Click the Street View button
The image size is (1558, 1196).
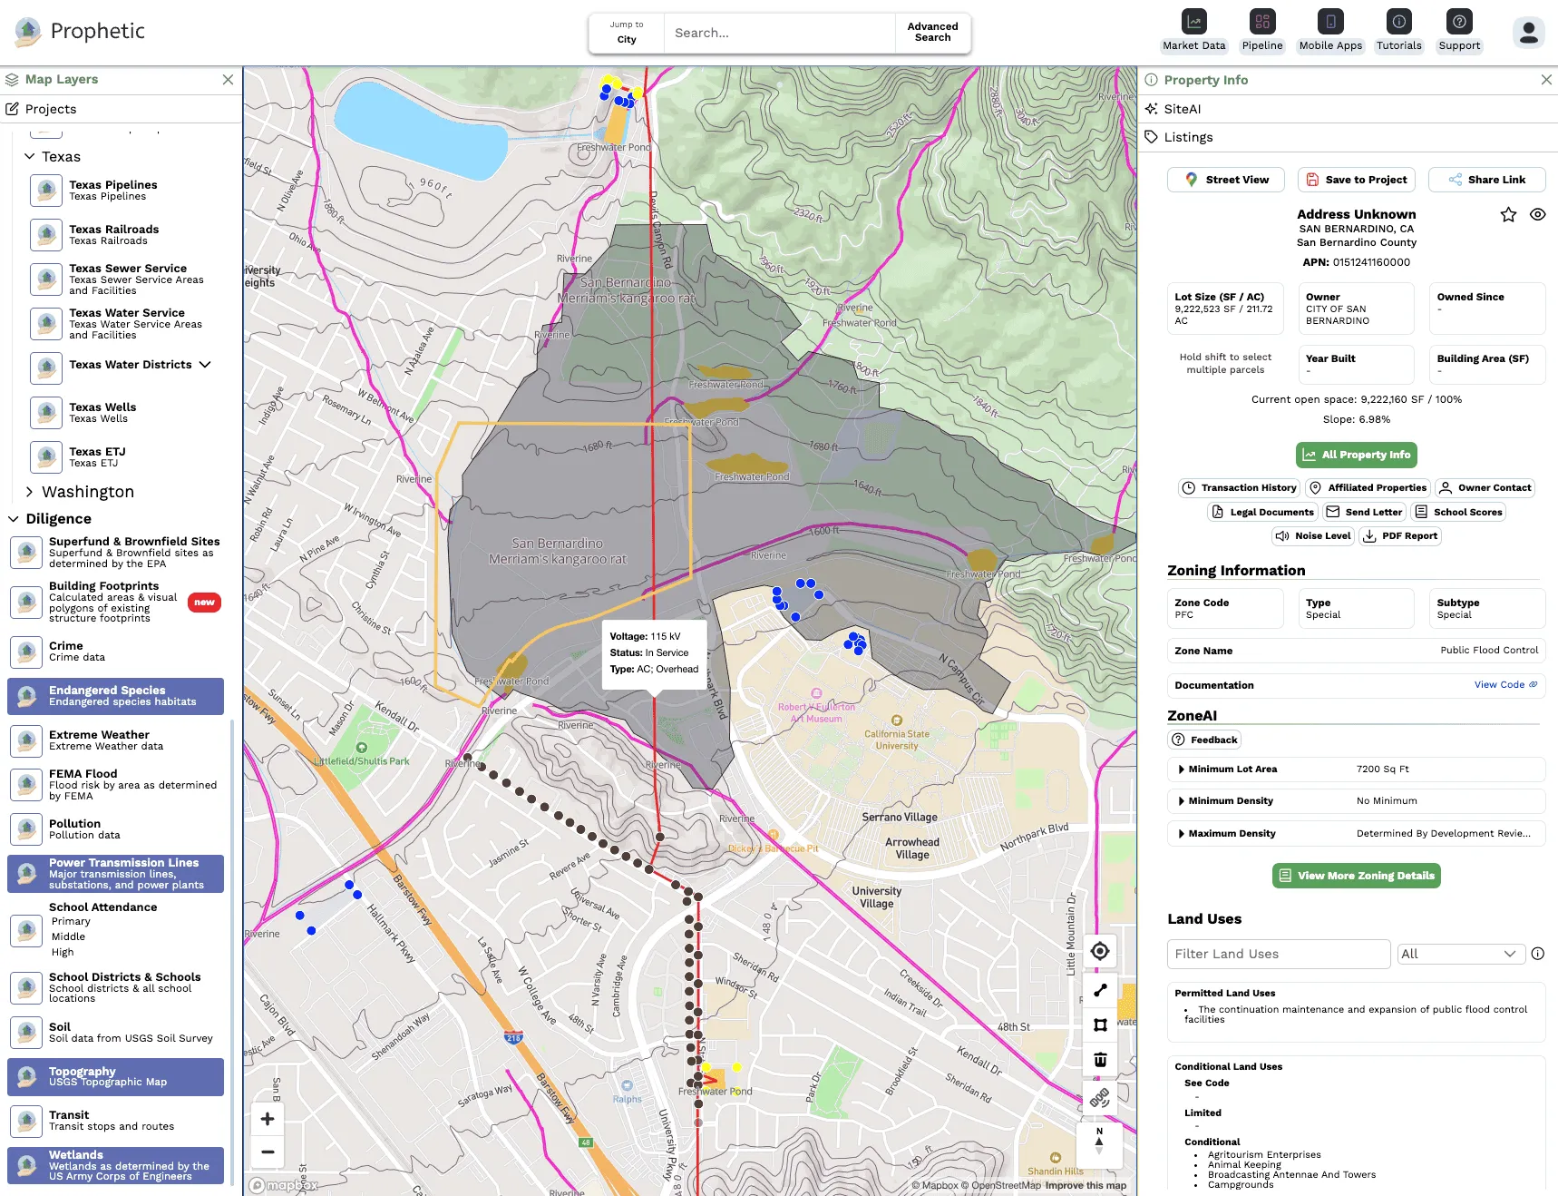click(x=1225, y=180)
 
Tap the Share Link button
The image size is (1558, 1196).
click(x=1486, y=180)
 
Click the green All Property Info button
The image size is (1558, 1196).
click(x=1356, y=455)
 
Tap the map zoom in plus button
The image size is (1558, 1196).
click(x=268, y=1119)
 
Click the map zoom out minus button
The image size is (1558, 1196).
click(x=268, y=1152)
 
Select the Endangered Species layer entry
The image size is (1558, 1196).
click(x=116, y=696)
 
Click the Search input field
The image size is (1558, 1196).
click(x=778, y=34)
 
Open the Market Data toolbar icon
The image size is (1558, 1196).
click(x=1193, y=31)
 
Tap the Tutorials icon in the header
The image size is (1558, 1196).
click(x=1398, y=31)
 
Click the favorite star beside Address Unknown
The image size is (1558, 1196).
click(x=1508, y=215)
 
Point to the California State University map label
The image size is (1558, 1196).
click(x=896, y=740)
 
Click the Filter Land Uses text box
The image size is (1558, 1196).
click(x=1278, y=954)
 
